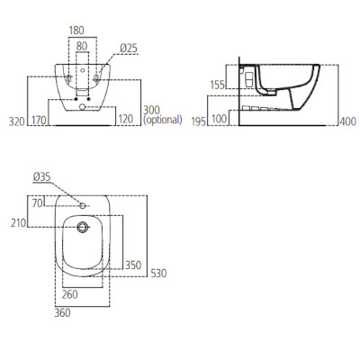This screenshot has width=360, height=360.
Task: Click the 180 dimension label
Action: [76, 31]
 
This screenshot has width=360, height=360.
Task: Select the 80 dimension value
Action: [82, 46]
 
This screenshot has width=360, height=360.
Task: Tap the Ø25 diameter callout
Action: [129, 48]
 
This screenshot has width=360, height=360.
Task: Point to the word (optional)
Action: [163, 120]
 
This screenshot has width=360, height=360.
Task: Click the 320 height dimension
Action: [16, 121]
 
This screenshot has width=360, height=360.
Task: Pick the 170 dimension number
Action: [39, 121]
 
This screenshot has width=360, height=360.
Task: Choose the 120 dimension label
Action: [125, 119]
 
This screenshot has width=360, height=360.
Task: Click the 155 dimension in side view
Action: [217, 85]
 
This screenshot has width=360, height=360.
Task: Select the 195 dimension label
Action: [199, 121]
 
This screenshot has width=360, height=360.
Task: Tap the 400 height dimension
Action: [348, 121]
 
